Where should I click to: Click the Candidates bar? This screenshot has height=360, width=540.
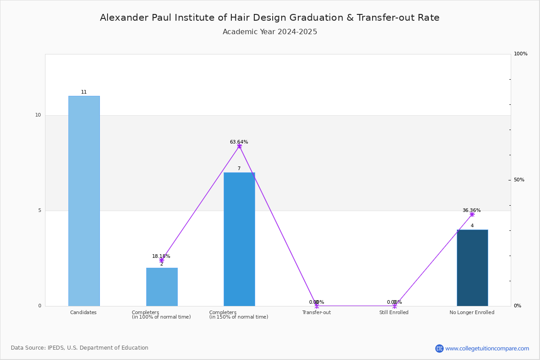click(x=84, y=201)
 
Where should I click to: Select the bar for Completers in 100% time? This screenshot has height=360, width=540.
click(x=162, y=287)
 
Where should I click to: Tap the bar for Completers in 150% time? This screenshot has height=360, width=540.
click(x=239, y=239)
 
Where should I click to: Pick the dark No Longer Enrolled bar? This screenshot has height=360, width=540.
click(x=472, y=268)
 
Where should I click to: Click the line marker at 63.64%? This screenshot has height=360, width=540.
click(x=239, y=146)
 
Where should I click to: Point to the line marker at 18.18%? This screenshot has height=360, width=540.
click(x=162, y=261)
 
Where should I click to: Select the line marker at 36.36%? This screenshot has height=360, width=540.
click(x=472, y=214)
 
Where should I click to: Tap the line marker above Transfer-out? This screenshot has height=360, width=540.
click(x=317, y=306)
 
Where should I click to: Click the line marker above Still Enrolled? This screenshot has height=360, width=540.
click(x=395, y=306)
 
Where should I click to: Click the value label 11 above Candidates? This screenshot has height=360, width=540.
click(x=84, y=92)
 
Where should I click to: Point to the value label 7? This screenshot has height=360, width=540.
click(x=239, y=168)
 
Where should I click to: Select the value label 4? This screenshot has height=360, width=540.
click(x=472, y=225)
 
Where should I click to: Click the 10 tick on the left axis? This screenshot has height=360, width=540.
click(x=38, y=115)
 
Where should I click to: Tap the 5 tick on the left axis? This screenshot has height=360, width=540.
click(x=40, y=211)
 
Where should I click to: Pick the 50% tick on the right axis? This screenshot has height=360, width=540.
click(x=519, y=180)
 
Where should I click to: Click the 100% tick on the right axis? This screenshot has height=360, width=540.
click(x=521, y=54)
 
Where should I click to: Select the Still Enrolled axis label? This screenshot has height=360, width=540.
click(x=394, y=312)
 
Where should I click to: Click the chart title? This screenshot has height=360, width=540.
click(x=270, y=18)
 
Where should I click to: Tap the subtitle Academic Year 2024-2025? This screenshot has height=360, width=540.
click(x=270, y=31)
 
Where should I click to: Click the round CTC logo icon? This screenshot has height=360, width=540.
click(x=439, y=348)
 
